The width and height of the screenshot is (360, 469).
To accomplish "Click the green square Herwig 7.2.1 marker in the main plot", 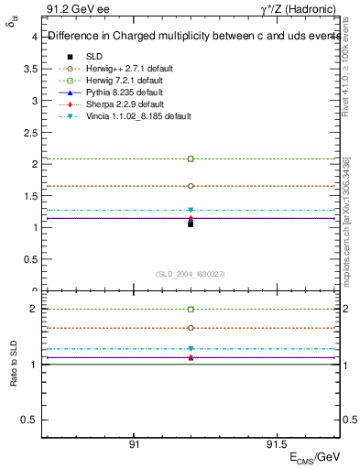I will (x=191, y=158).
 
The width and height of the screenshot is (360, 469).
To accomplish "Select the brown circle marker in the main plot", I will (x=191, y=186).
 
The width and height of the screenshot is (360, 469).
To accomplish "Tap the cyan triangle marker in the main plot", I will (x=191, y=210).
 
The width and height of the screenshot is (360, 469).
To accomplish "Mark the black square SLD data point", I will (x=191, y=224).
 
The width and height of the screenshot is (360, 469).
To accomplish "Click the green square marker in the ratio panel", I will (x=191, y=310).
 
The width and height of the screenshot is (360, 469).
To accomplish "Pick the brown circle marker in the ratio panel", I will (x=191, y=328).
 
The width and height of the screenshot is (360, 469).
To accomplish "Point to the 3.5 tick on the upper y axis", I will (x=28, y=69).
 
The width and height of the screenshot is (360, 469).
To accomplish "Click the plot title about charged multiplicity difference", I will (x=185, y=37).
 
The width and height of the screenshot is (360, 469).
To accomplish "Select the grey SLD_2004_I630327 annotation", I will (x=191, y=274).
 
